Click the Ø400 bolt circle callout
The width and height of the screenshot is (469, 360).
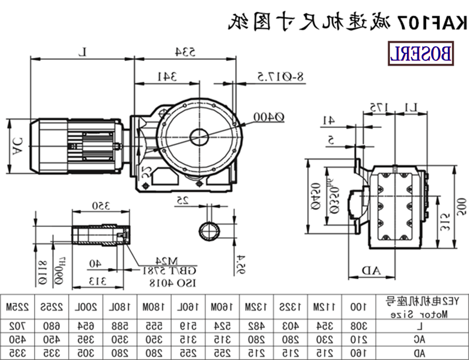point(269,117)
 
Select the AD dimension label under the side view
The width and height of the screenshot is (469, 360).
point(371,270)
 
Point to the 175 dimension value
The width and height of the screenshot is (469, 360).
point(376,107)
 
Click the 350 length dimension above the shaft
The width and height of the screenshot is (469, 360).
point(100,206)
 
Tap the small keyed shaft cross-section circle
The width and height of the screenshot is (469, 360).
point(209,231)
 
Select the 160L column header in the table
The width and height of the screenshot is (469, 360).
point(173,307)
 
